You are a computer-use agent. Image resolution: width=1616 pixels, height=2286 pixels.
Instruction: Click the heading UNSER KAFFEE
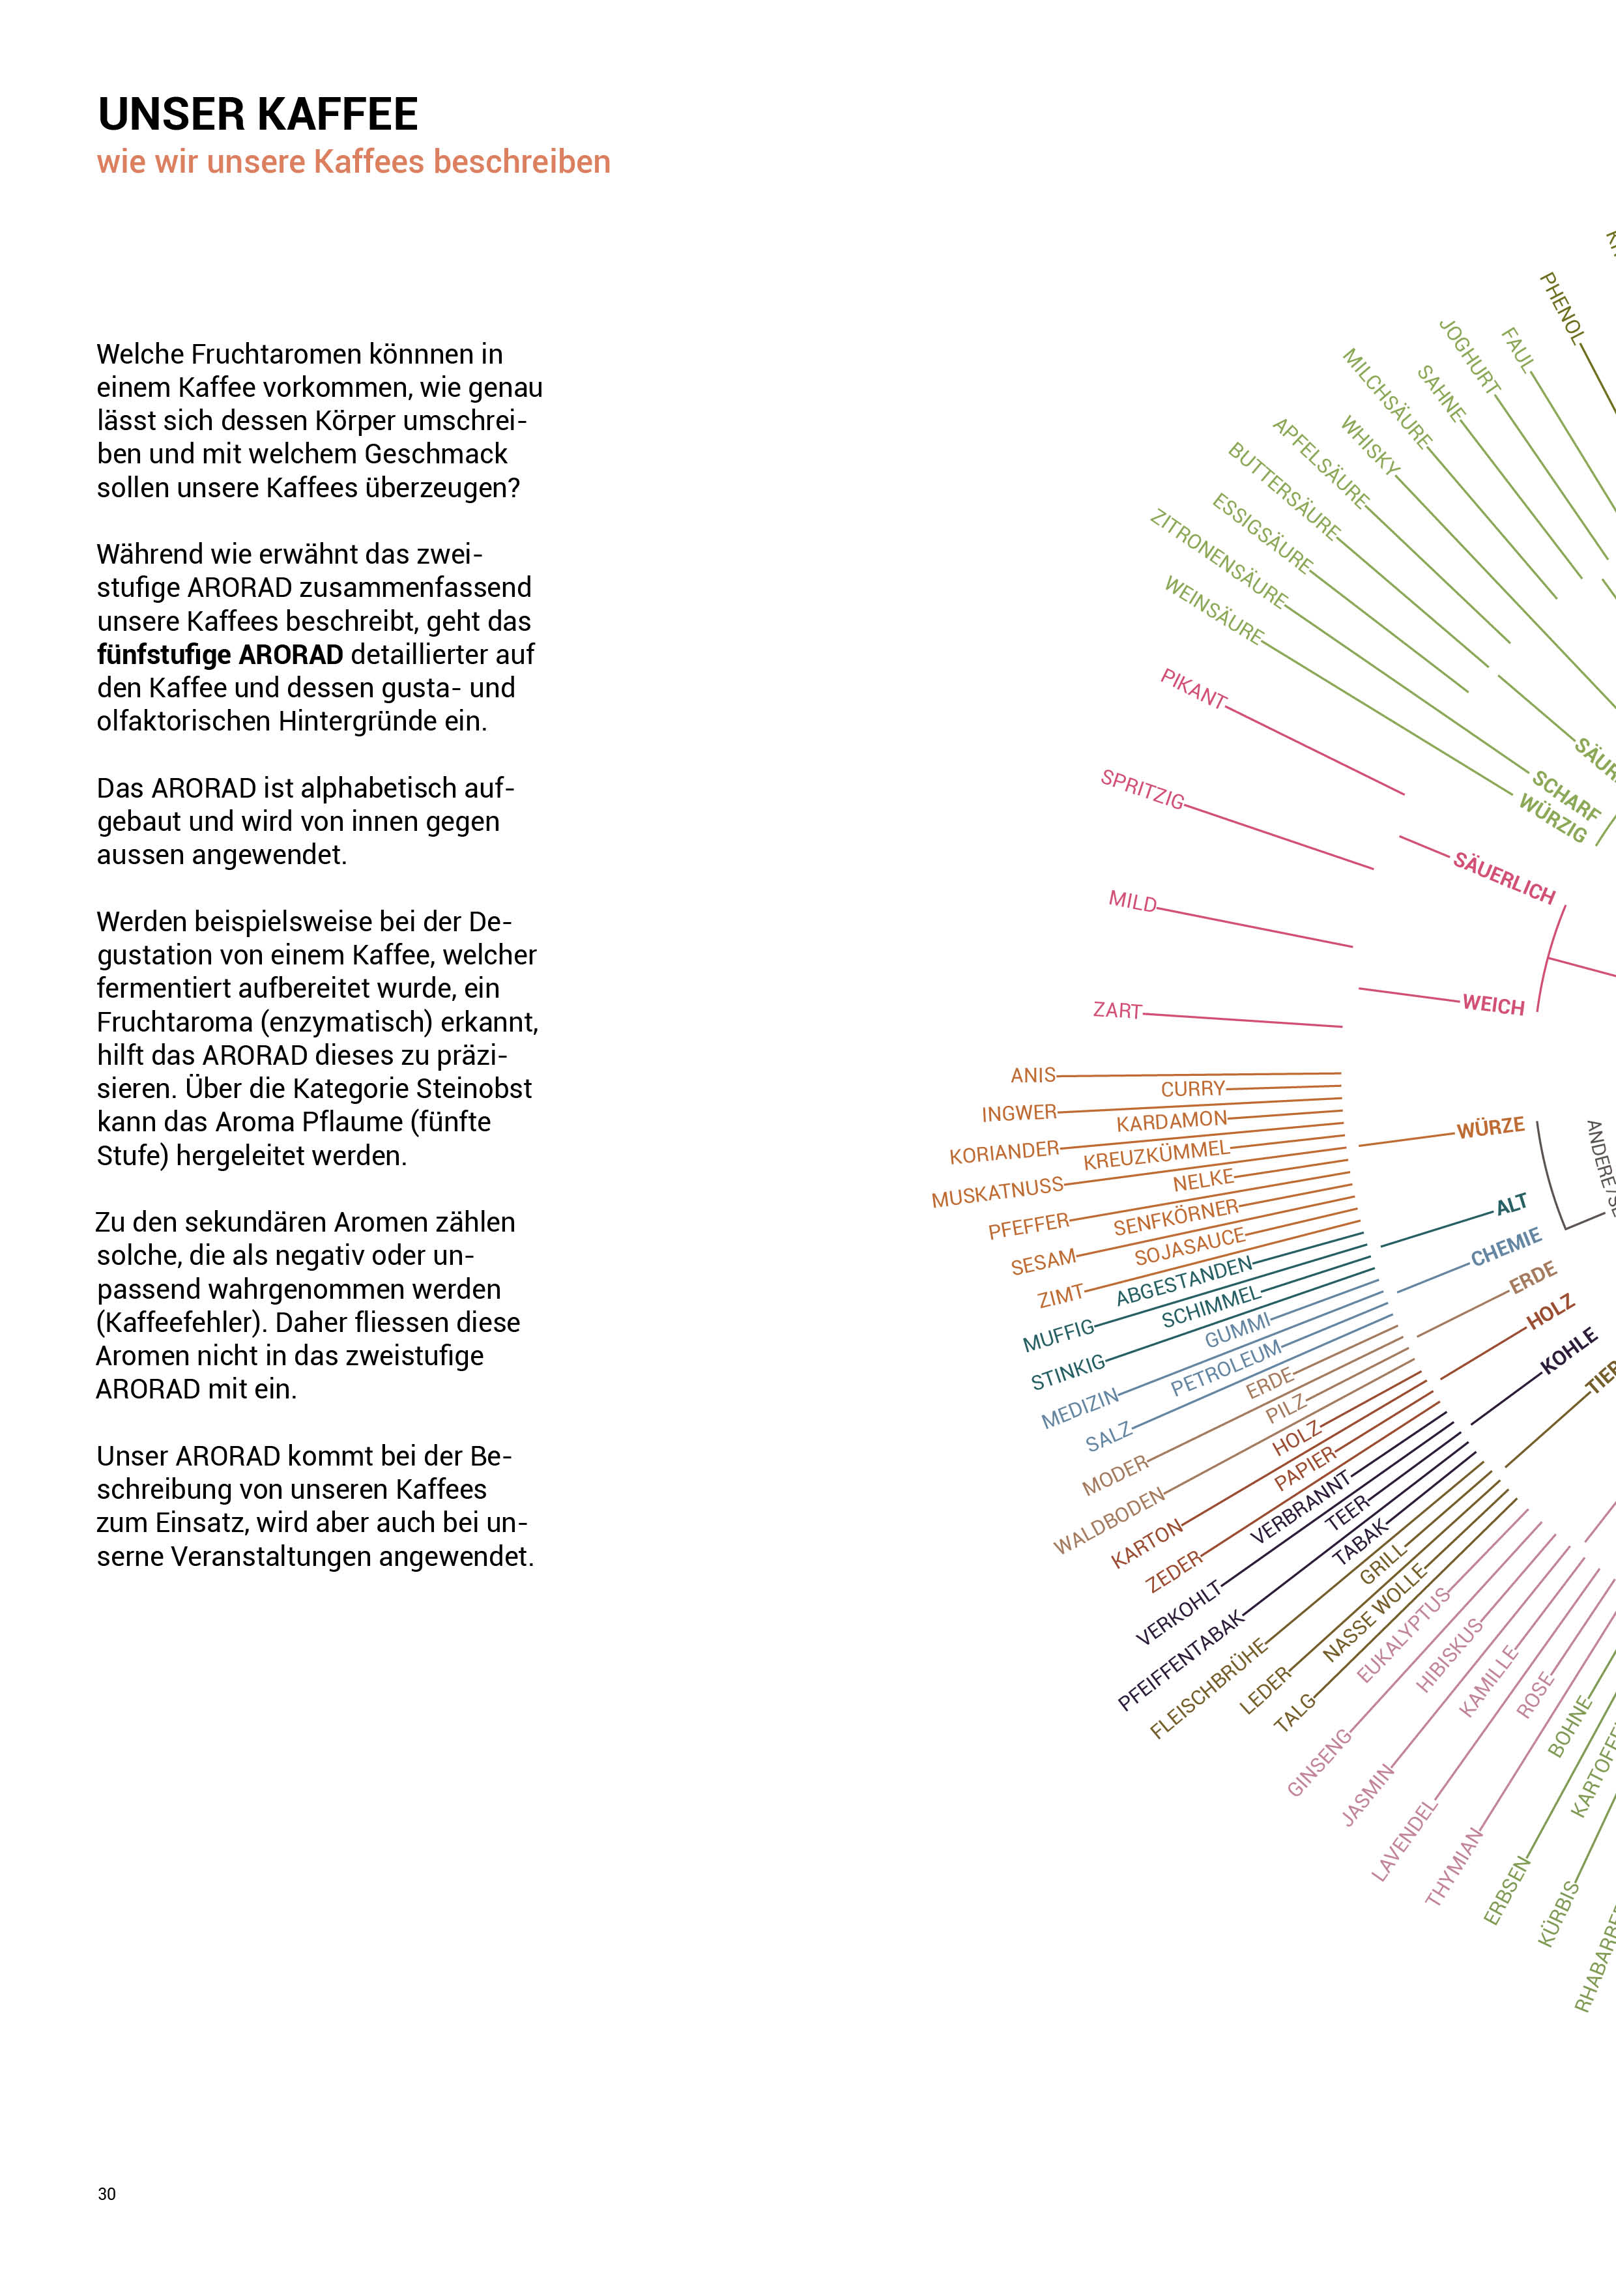(257, 115)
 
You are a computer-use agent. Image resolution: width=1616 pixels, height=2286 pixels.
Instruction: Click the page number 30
(106, 2193)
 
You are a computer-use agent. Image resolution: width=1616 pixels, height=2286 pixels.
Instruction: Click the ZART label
(1117, 1011)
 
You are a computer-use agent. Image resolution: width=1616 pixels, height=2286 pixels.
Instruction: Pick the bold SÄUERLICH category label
(1503, 877)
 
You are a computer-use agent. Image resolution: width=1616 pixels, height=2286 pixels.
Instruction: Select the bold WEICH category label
(1493, 1005)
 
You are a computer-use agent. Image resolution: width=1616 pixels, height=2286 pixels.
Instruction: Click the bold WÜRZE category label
(1490, 1127)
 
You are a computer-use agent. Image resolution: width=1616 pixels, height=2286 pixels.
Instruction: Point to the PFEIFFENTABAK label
(1181, 1660)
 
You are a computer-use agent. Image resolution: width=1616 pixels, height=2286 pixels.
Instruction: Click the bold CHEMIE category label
(1505, 1247)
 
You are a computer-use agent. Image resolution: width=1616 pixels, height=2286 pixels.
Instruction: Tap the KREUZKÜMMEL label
(1156, 1155)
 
